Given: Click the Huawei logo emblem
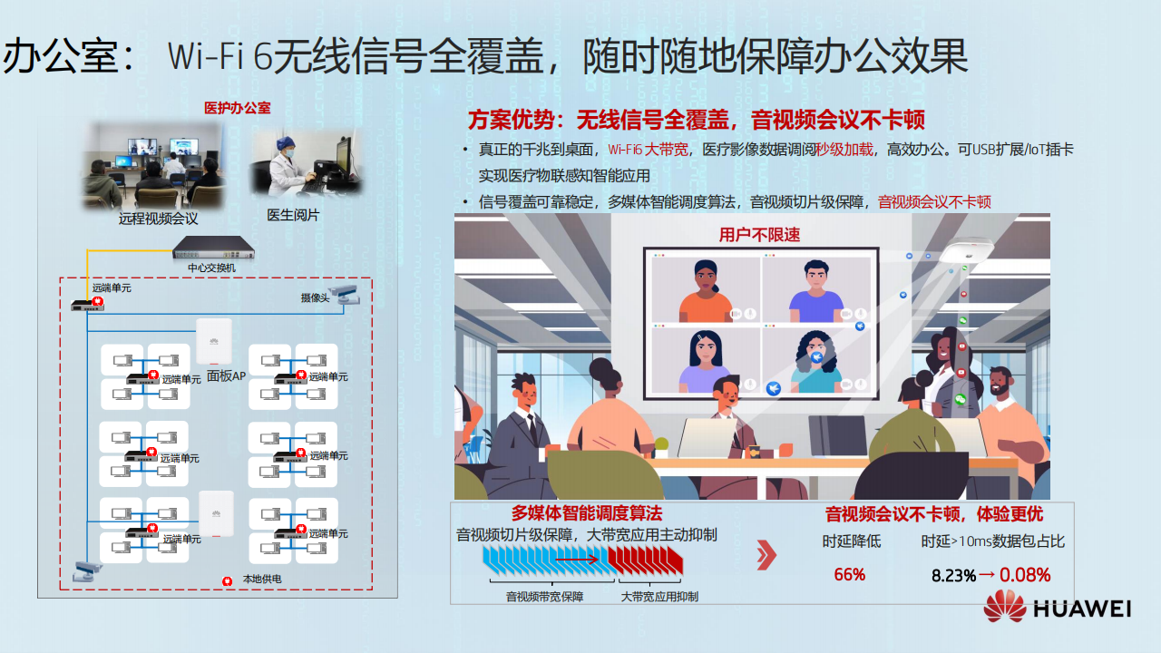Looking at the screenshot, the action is tap(1004, 607).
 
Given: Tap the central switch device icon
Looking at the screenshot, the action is tap(213, 248).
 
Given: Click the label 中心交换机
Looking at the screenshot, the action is tap(211, 268).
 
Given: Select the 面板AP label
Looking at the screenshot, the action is tap(226, 375).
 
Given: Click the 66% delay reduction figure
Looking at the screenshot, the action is tap(850, 574).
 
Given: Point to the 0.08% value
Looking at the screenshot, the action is tap(1025, 575).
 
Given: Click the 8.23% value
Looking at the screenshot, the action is tap(953, 575).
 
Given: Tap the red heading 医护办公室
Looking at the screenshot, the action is tap(238, 108).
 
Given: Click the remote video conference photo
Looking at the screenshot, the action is tap(154, 166).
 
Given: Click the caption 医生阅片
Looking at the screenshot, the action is tap(293, 215).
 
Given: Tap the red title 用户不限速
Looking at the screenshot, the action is tap(759, 235).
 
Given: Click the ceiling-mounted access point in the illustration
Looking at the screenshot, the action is tap(966, 251).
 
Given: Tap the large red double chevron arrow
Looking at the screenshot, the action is tap(766, 554).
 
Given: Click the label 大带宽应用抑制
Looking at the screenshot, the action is tap(659, 597).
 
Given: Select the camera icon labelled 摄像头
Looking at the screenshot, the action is tap(344, 295).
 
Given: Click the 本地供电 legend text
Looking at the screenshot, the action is tap(262, 579).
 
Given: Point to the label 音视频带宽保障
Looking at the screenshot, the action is tap(544, 597).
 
